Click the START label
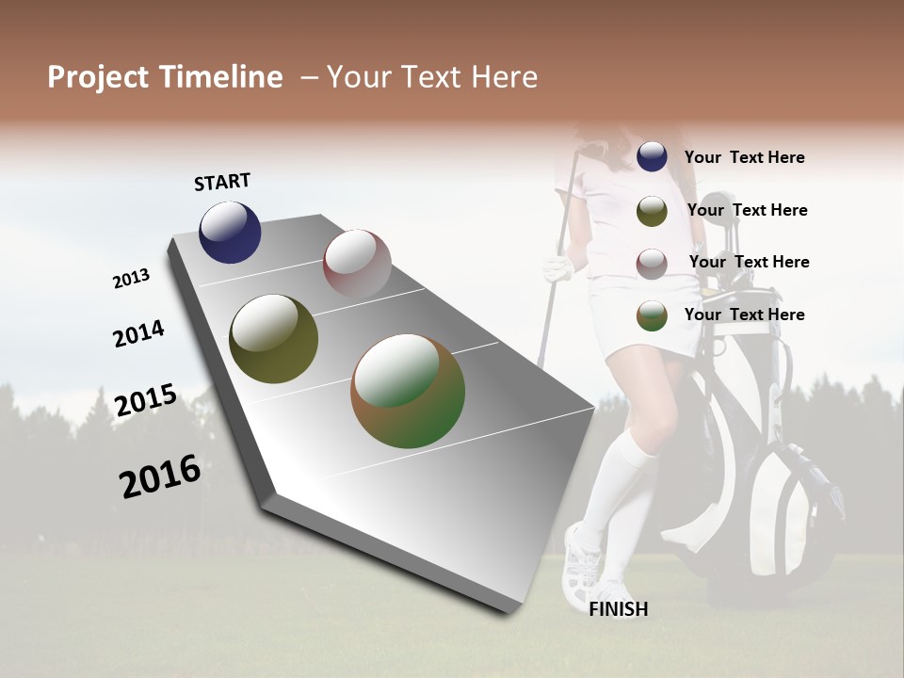222,182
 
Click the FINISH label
618,609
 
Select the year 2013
131,279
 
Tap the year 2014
138,334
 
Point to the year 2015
146,400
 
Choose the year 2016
160,476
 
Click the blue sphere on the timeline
230,233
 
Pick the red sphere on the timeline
357,263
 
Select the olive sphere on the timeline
273,339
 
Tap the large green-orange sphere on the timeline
407,391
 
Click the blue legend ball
652,157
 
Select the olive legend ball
652,211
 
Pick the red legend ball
652,264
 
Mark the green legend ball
652,315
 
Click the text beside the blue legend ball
744,157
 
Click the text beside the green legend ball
744,315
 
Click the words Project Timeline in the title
165,77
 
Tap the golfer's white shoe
580,565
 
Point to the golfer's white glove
558,270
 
